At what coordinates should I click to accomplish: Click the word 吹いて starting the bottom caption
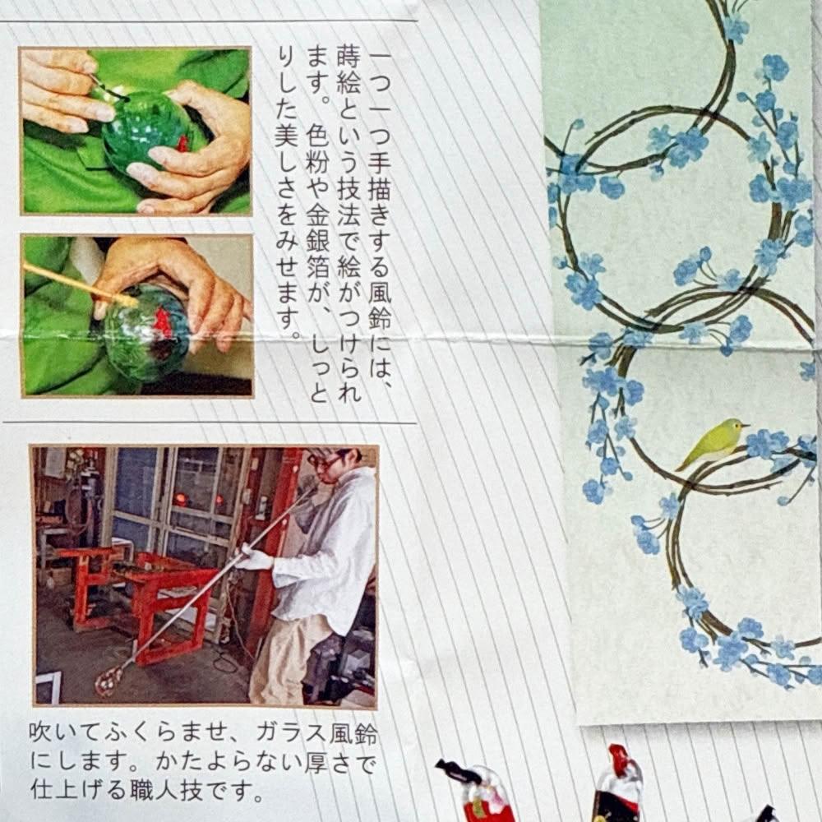pyautogui.click(x=64, y=734)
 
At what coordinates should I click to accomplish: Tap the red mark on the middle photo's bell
pyautogui.click(x=162, y=321)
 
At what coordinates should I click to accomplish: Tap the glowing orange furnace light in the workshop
pyautogui.click(x=182, y=498)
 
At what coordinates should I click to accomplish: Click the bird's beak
pyautogui.click(x=745, y=425)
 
